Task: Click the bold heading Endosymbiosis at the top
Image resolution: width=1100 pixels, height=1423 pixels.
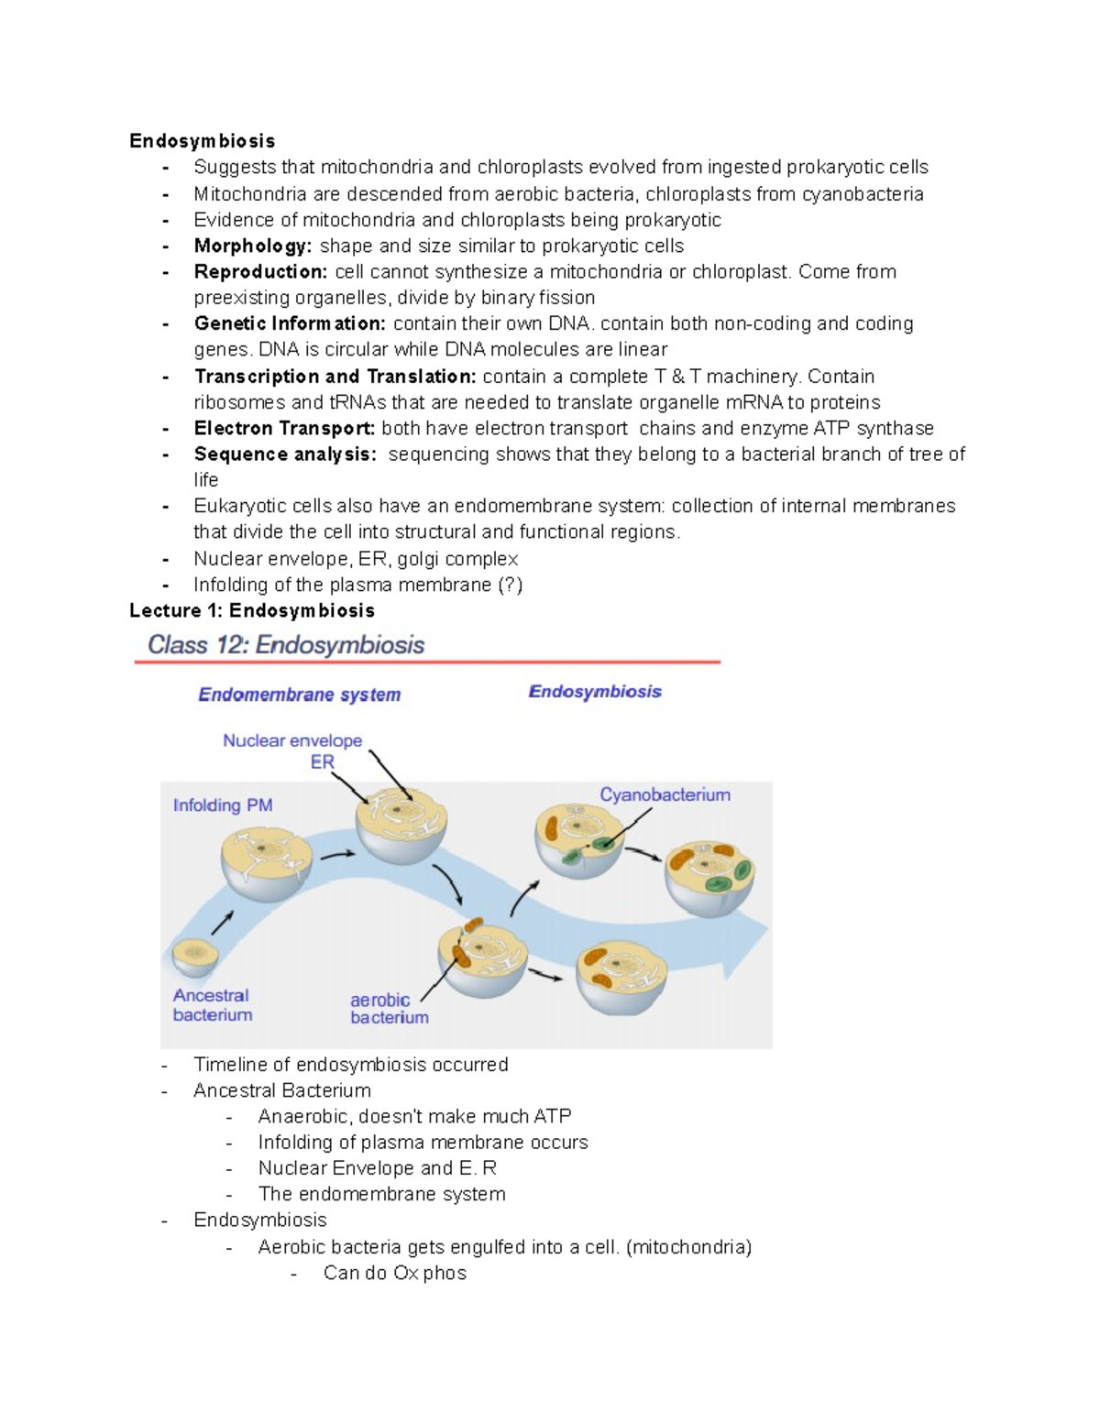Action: coord(202,141)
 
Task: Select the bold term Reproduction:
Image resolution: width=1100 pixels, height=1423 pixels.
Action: coord(260,272)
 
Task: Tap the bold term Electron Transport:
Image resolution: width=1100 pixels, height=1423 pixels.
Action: coord(284,429)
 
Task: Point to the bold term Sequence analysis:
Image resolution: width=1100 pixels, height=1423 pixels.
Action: coord(285,454)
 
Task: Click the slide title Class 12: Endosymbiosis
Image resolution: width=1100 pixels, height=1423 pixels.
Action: coord(286,645)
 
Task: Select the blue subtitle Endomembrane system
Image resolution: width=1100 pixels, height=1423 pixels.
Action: coord(300,695)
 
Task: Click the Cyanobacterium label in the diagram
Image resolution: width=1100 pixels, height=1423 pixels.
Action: coord(665,795)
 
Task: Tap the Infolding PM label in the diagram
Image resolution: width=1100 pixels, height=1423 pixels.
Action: coord(223,805)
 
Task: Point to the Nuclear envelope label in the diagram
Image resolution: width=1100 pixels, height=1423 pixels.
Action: coord(292,740)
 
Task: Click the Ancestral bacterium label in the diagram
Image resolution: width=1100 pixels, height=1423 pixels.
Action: coord(212,1005)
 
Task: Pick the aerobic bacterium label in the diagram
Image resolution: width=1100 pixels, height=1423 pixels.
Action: coord(389,1009)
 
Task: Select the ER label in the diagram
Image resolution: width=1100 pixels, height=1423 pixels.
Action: coord(322,762)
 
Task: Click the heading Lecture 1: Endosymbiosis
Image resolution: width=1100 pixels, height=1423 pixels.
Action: coord(252,611)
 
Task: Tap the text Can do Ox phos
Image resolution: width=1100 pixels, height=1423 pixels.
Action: coord(394,1274)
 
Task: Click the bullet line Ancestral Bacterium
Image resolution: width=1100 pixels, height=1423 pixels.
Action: coord(282,1090)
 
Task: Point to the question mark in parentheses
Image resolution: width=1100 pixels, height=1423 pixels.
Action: coord(510,585)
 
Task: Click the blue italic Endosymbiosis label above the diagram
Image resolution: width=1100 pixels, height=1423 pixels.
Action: coord(595,692)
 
